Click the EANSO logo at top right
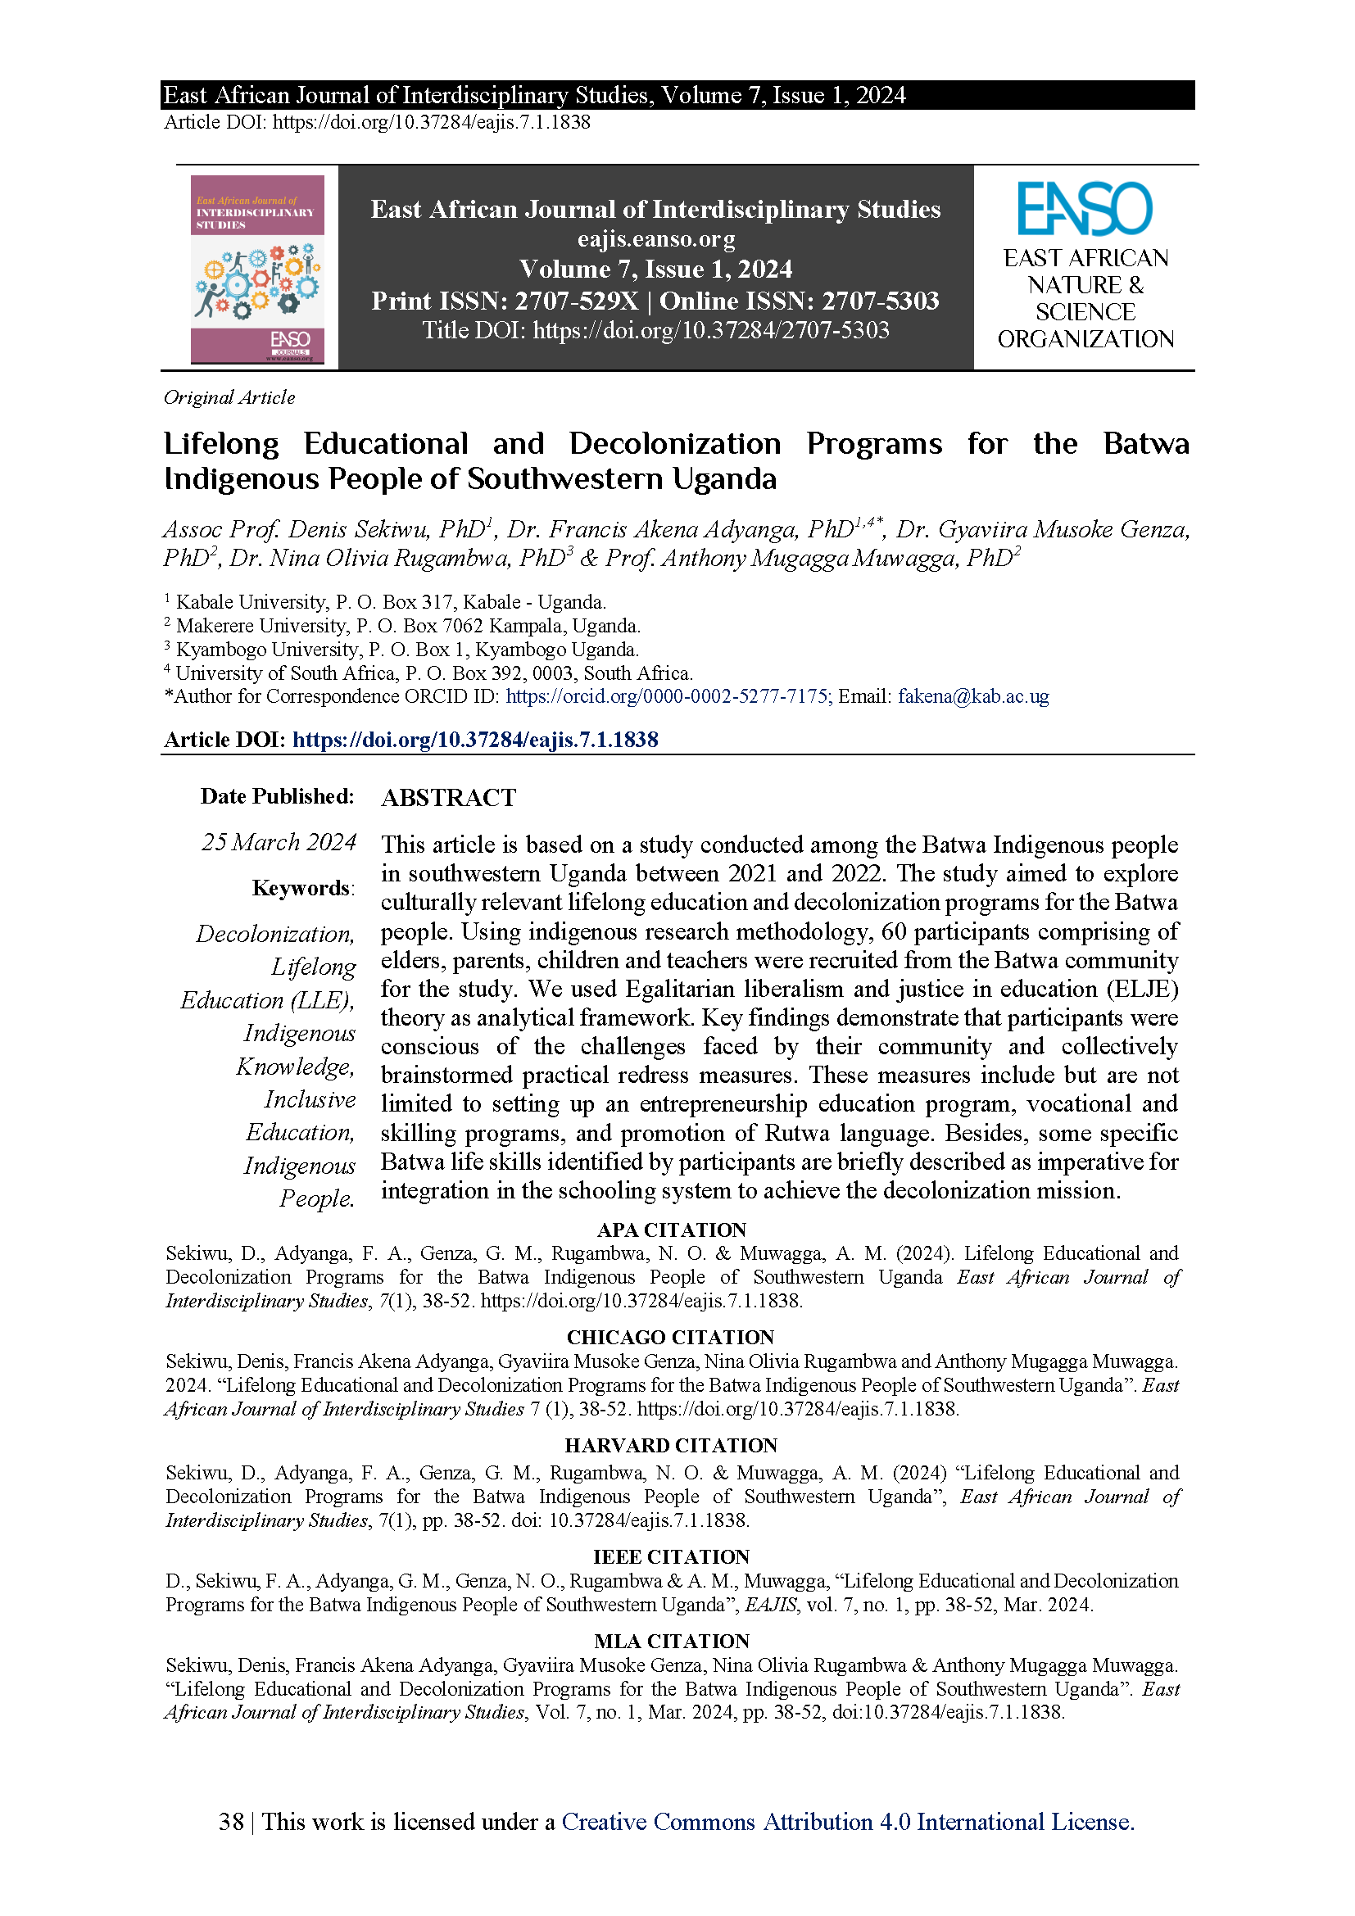point(1085,209)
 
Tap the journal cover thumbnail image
point(257,269)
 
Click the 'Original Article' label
point(229,397)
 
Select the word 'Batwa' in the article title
point(1145,443)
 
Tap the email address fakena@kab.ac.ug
point(973,696)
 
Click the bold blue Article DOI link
point(475,740)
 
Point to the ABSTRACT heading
point(449,798)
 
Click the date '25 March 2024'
point(279,842)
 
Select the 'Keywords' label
point(302,888)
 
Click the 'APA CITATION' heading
point(672,1230)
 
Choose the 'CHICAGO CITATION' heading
point(671,1337)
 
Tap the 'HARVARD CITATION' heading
point(671,1444)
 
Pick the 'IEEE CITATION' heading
point(671,1556)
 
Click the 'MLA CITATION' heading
point(672,1641)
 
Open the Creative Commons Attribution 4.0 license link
point(848,1822)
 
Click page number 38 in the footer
point(231,1822)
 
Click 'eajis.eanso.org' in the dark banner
point(656,239)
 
